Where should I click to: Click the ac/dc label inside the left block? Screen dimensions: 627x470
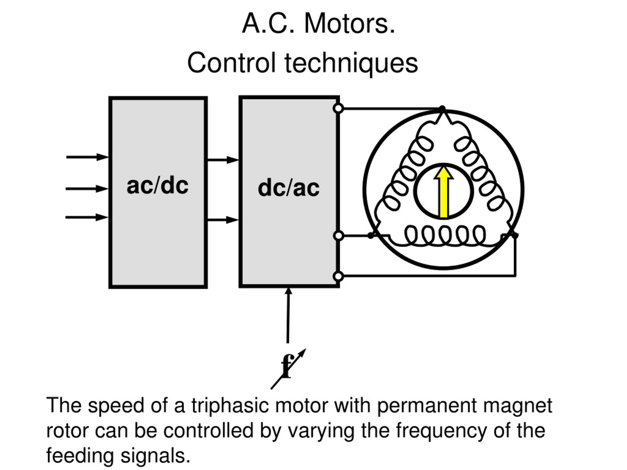[157, 186]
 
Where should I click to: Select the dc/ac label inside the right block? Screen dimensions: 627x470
[289, 188]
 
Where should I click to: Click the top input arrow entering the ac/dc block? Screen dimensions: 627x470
[87, 157]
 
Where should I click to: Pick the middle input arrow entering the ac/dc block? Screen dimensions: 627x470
[87, 189]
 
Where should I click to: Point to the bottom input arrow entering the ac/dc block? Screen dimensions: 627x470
[87, 218]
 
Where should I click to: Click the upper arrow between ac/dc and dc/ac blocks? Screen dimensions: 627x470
[223, 160]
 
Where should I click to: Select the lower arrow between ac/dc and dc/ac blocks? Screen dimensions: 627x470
[223, 220]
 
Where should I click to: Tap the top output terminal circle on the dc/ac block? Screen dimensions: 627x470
[338, 108]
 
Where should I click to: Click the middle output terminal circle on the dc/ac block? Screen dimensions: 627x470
[338, 235]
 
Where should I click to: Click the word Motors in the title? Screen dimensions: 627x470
[350, 23]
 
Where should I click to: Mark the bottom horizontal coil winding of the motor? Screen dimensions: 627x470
[445, 236]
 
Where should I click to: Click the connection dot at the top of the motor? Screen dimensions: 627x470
[442, 108]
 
